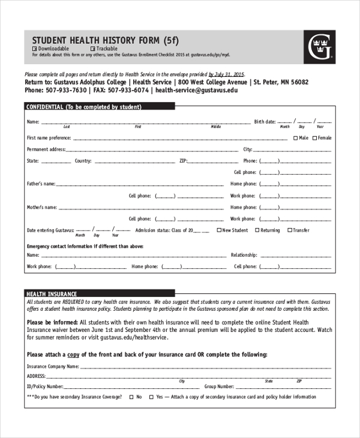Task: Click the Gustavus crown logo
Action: click(319, 47)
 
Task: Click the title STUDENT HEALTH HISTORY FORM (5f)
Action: click(105, 40)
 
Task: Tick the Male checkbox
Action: click(295, 138)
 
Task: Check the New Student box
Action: click(219, 230)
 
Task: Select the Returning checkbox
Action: click(257, 230)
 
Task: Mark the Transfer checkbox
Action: click(290, 230)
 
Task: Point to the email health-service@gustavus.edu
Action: click(196, 90)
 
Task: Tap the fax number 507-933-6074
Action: click(128, 90)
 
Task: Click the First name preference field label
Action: click(49, 138)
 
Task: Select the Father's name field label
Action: click(41, 184)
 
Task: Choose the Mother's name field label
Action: click(41, 207)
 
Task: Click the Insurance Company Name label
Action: click(53, 365)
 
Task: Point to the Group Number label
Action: click(219, 387)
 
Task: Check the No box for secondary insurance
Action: click(131, 397)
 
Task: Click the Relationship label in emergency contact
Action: click(244, 255)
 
